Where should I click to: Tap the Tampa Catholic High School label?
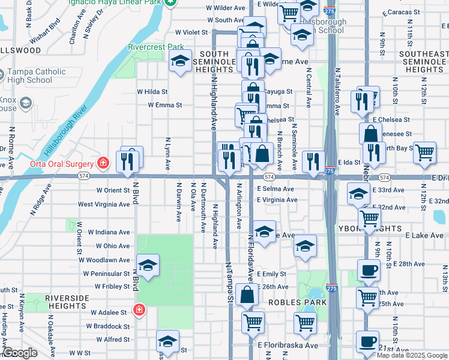tap(36, 76)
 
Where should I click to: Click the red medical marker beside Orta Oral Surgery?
tap(103, 163)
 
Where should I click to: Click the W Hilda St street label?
tap(152, 92)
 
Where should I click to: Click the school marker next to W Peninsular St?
tap(148, 265)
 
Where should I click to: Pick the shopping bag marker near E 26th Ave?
tap(247, 295)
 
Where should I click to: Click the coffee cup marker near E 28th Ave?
tap(369, 269)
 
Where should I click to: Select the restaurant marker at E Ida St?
tap(313, 161)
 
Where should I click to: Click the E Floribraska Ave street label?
tap(288, 345)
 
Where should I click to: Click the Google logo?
tap(20, 353)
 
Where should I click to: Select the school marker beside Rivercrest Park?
tap(180, 61)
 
